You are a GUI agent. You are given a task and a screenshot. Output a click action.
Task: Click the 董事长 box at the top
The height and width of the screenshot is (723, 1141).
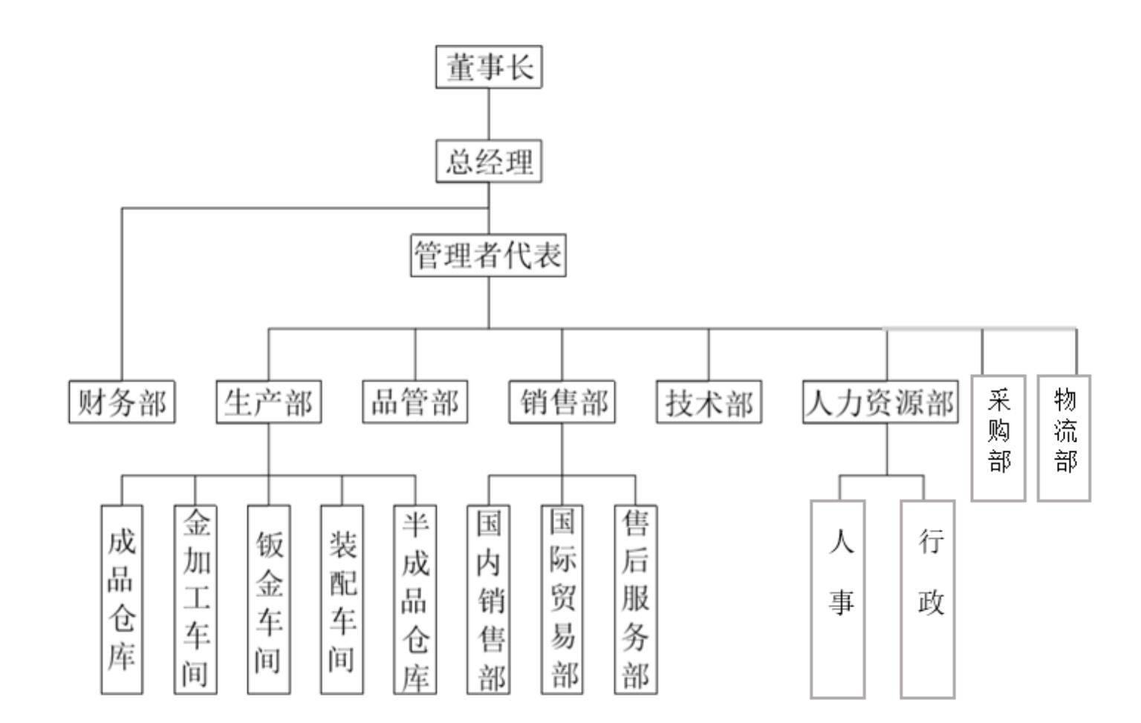[488, 67]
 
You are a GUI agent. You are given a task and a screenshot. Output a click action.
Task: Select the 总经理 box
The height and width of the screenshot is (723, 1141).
[488, 161]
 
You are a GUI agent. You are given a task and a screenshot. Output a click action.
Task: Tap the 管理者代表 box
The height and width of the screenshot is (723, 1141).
[488, 255]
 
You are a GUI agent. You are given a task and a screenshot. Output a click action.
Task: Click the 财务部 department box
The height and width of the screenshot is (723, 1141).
[122, 402]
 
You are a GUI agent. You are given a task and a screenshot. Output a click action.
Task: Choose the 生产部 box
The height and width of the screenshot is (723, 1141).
[268, 402]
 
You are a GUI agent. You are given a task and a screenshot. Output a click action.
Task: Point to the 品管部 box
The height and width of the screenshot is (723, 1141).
[415, 402]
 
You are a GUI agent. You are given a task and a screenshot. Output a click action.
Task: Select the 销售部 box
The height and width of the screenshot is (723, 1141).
[562, 402]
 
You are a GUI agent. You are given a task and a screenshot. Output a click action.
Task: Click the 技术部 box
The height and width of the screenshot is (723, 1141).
[709, 402]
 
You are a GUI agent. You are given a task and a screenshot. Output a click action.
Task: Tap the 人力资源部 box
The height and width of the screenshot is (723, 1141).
[880, 402]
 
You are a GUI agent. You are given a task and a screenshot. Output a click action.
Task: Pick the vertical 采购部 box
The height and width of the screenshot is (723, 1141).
[998, 438]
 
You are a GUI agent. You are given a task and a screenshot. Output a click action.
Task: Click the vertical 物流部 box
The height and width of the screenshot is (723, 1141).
[1064, 438]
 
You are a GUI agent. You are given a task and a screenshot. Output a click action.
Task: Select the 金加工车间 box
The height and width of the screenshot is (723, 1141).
[195, 599]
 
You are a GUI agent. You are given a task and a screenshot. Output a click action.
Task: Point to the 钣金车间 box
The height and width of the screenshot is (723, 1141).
[268, 599]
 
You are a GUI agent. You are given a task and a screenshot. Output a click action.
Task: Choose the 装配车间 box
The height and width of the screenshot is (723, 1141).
[342, 599]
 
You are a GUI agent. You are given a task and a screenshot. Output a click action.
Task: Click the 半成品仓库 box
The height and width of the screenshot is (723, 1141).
[415, 599]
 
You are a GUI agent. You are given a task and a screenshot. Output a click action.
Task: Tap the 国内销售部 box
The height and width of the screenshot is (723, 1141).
[488, 599]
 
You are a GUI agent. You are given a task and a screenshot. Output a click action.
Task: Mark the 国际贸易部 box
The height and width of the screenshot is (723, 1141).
[562, 599]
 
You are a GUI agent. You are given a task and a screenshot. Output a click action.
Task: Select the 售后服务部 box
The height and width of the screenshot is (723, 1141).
[635, 599]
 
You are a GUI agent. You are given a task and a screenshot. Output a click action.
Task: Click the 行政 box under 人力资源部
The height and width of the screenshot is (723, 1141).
[928, 599]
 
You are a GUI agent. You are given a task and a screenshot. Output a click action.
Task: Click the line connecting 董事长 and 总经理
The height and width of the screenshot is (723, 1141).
[489, 114]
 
